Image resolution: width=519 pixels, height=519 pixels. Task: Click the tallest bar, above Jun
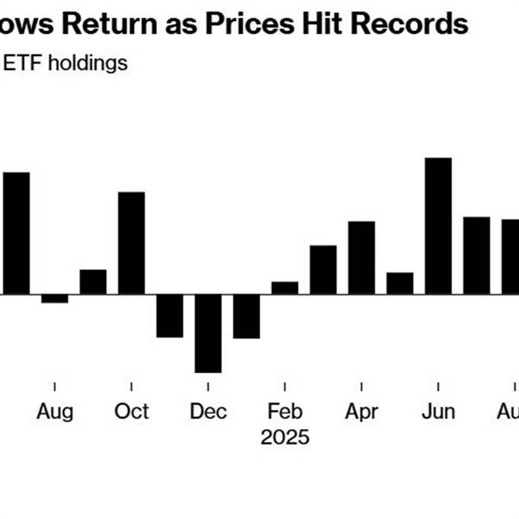(x=439, y=226)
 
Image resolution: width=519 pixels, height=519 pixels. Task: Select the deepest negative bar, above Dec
(x=208, y=333)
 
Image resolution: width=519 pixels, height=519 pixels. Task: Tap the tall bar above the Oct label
(x=131, y=242)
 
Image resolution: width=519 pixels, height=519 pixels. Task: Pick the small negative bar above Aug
(x=54, y=298)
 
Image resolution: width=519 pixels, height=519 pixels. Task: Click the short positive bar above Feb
(x=285, y=288)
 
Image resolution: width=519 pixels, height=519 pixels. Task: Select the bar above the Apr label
(x=362, y=257)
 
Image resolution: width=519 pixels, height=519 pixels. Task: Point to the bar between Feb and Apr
(x=323, y=269)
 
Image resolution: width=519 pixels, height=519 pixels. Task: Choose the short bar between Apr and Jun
(x=400, y=283)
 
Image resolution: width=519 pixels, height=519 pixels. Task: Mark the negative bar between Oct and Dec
(x=170, y=316)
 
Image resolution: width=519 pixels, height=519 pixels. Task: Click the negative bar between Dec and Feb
(x=247, y=316)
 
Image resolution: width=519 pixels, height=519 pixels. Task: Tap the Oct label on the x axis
(x=131, y=412)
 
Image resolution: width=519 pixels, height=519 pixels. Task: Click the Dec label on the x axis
(x=208, y=412)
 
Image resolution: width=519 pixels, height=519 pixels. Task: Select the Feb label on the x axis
(x=285, y=412)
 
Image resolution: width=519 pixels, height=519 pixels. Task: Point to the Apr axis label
(x=362, y=412)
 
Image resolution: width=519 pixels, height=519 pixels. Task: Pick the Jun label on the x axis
(x=439, y=412)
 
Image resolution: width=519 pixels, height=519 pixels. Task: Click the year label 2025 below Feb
(x=285, y=437)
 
